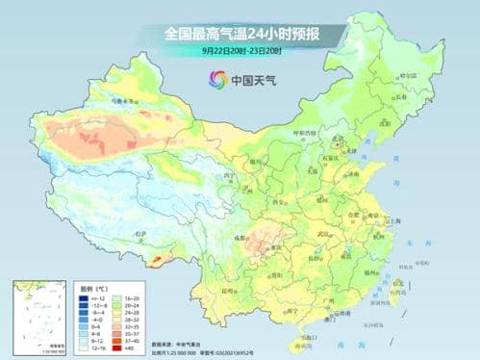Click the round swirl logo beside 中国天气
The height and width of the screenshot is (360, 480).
click(215, 79)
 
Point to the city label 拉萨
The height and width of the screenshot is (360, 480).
click(141, 234)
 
